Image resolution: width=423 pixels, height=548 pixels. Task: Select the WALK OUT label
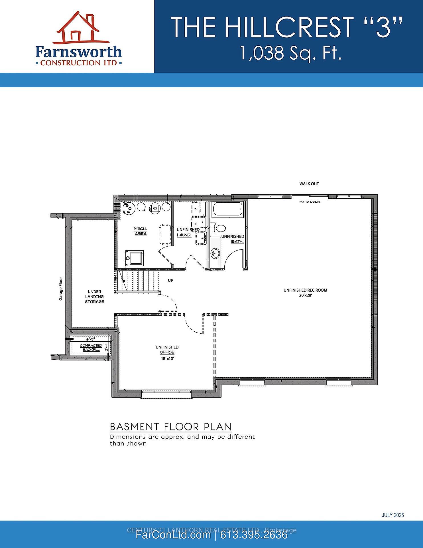point(309,184)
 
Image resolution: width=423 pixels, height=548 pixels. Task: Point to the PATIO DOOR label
point(309,202)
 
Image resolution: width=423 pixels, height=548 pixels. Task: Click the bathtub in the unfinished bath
point(228,209)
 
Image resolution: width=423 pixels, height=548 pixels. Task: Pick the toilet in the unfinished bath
point(220,228)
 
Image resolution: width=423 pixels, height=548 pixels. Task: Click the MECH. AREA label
point(141,231)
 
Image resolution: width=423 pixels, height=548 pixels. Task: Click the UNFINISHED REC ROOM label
point(305,290)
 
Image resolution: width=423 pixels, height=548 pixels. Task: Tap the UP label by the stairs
point(170,281)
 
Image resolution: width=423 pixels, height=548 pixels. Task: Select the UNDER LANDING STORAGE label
point(94,297)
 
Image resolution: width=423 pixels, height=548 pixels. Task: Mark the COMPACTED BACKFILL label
point(91,347)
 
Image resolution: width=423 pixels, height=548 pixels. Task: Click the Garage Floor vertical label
point(61,289)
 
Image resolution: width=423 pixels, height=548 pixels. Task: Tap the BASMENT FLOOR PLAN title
point(170,427)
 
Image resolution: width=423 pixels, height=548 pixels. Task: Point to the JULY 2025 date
point(393,515)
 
